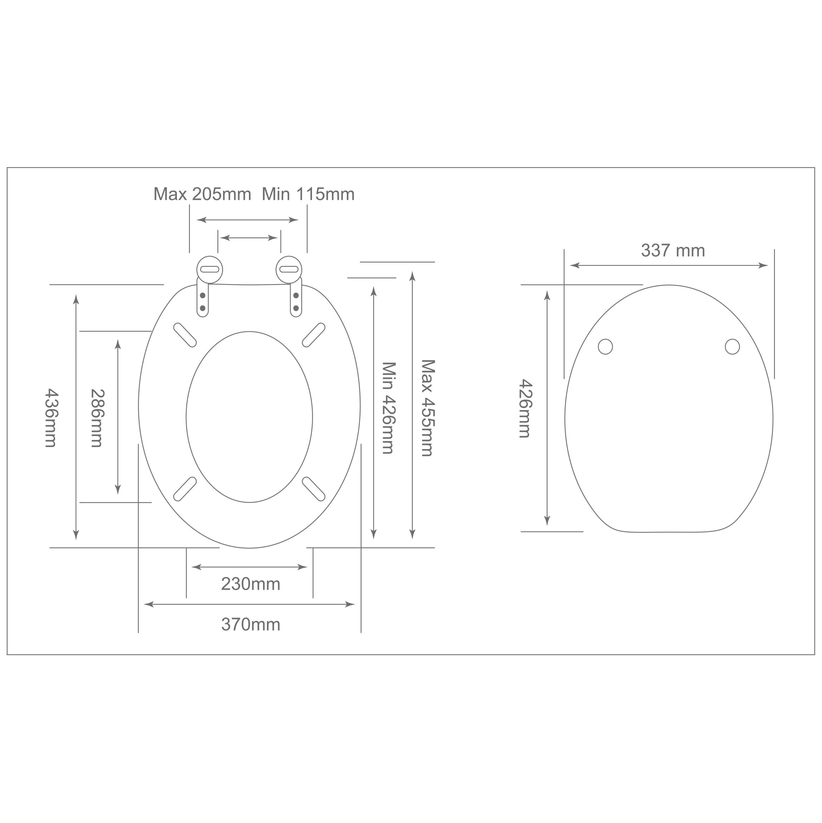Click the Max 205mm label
[x=202, y=194]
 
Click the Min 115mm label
[x=308, y=194]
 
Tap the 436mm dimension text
[x=51, y=417]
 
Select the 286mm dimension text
[x=97, y=417]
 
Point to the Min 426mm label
[x=388, y=408]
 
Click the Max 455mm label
[x=428, y=408]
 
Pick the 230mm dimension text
[x=251, y=584]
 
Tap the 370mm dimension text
[x=251, y=624]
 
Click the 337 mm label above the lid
[x=673, y=251]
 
